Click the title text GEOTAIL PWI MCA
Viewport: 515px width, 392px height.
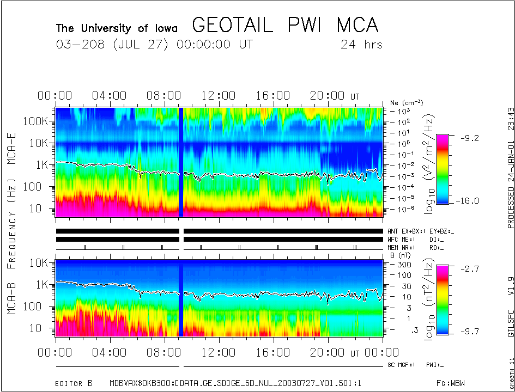tap(285, 25)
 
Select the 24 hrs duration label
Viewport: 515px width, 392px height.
tap(361, 44)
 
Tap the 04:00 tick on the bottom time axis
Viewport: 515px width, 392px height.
tap(111, 353)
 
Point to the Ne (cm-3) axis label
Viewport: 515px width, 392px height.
tap(407, 102)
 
